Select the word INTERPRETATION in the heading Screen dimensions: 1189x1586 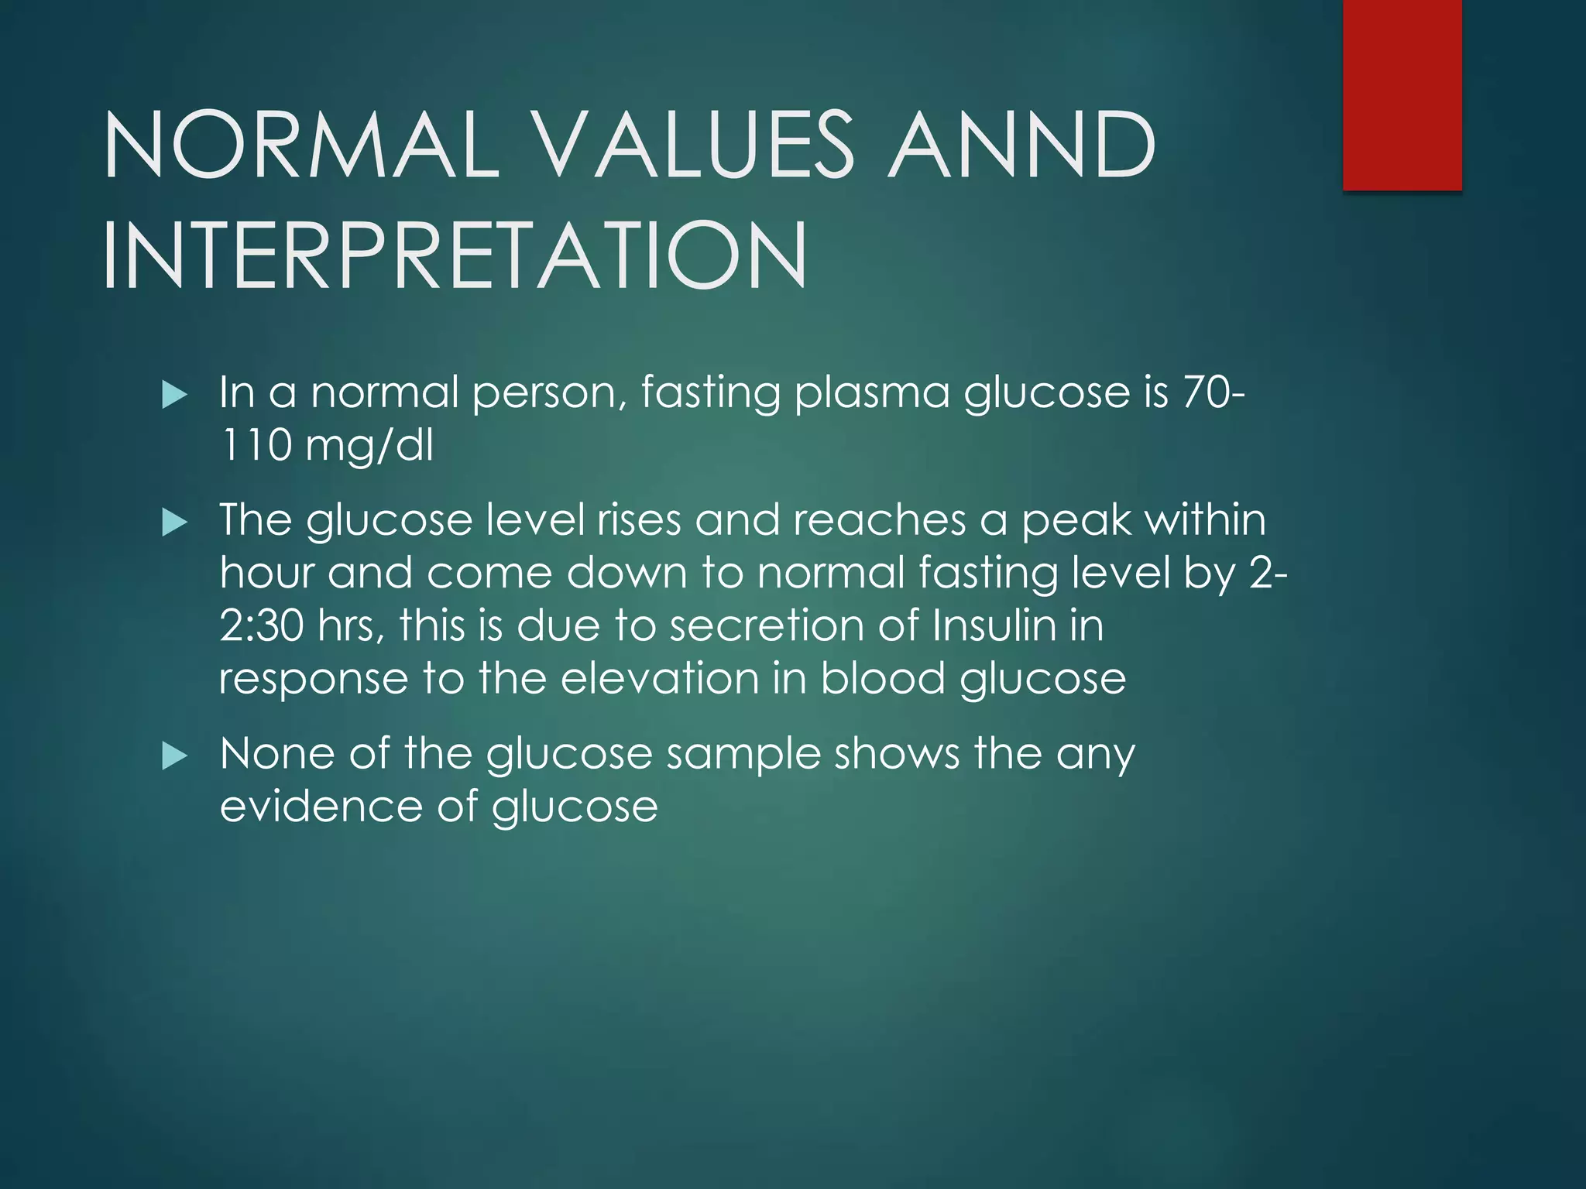coord(455,255)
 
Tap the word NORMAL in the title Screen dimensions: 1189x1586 coord(302,144)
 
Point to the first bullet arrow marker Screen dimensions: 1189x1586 coord(175,396)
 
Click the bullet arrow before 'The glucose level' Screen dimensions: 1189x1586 coord(175,524)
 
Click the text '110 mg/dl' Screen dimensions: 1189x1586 coord(326,446)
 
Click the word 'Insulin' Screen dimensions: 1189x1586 coord(994,625)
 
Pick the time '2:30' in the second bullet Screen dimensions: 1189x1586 coord(262,625)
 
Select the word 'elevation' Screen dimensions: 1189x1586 coord(659,678)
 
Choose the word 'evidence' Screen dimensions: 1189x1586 coord(321,807)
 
